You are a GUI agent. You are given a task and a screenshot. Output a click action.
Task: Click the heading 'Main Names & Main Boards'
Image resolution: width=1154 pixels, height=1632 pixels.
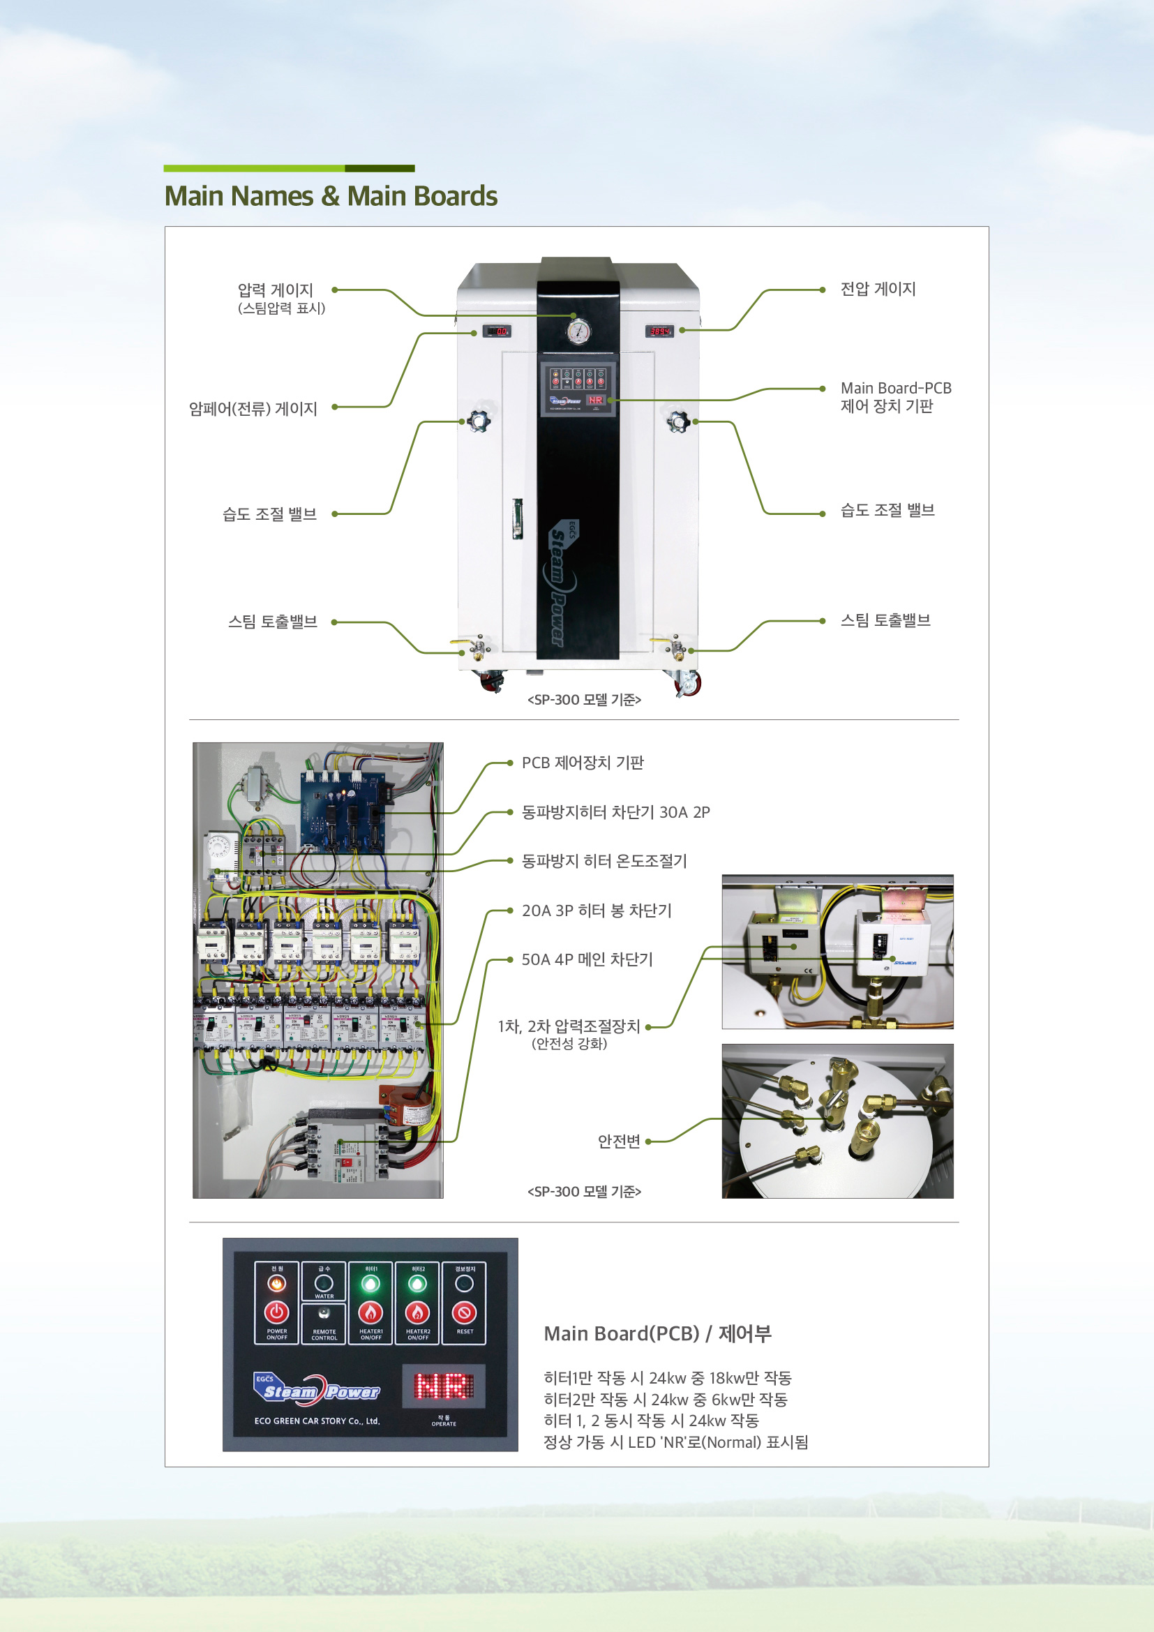(x=331, y=196)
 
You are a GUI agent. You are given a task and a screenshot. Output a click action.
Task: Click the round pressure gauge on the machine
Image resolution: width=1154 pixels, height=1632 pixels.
(x=578, y=331)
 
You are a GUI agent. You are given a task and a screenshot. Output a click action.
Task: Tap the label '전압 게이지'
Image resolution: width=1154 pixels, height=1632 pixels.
(x=878, y=290)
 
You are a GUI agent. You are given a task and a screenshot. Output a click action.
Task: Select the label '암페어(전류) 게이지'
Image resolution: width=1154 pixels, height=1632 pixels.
(x=253, y=409)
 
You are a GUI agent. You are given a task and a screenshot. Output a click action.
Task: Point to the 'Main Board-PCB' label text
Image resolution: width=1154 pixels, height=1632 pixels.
(x=895, y=388)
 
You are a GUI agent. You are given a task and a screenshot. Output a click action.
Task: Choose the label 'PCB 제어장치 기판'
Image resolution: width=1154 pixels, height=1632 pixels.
(x=582, y=763)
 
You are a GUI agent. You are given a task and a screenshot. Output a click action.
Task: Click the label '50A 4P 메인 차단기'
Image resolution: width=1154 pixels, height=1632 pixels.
(x=586, y=959)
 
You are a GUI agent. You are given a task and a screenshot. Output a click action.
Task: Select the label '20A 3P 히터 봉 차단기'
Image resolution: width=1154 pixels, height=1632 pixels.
(x=596, y=911)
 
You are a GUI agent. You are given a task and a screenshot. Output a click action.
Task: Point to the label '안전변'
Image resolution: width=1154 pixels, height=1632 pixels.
(x=619, y=1141)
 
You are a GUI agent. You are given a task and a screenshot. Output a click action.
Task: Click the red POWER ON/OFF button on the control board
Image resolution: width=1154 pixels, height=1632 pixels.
(x=276, y=1312)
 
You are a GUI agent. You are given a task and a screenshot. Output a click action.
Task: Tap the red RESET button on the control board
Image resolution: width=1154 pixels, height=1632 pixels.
(x=464, y=1312)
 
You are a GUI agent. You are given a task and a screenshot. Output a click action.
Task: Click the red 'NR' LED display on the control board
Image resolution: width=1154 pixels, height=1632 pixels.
(x=444, y=1386)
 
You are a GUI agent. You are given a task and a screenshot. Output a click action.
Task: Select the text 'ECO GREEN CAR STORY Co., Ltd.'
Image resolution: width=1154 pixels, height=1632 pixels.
(x=317, y=1421)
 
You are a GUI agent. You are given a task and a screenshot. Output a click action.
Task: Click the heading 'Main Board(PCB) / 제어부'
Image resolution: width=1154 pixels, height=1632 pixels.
(x=657, y=1334)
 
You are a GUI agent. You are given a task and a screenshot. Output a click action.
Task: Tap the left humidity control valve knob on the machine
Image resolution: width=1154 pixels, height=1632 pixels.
(x=478, y=421)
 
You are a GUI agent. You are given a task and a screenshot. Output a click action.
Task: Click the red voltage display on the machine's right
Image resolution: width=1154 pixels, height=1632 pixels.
(x=659, y=331)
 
